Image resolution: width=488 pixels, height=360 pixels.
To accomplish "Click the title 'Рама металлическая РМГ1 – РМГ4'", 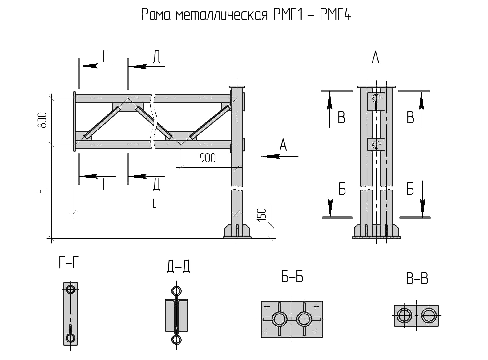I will (246, 15).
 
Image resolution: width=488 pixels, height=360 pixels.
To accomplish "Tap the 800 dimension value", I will (42, 120).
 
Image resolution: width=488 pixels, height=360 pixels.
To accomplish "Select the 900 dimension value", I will (208, 158).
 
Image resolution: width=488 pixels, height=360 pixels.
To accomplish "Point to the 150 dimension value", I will (261, 214).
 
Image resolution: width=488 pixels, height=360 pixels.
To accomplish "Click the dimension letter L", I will (154, 203).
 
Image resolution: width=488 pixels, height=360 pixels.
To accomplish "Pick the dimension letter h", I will (42, 191).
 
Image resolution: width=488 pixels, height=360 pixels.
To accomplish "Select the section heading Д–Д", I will (178, 266).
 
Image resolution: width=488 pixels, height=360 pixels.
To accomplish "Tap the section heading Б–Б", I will (292, 277).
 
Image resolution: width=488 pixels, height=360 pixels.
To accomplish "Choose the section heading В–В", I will (417, 279).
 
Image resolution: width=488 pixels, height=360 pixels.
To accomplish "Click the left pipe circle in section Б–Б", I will (280, 319).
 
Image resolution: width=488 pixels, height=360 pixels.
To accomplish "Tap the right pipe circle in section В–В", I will (429, 316).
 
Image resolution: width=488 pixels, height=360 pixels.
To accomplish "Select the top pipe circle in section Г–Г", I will (71, 289).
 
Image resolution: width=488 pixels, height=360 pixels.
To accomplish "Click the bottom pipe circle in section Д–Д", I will (176, 340).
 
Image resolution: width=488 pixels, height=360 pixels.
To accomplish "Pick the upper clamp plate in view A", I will (376, 102).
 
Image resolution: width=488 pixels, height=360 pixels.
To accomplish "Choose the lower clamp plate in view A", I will (376, 145).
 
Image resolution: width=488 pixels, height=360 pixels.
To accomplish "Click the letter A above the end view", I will (375, 58).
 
